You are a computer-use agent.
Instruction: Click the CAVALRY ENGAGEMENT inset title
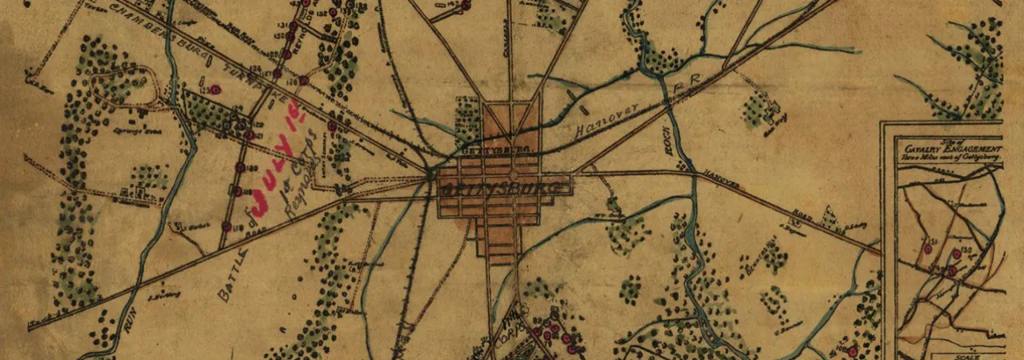[x=949, y=150]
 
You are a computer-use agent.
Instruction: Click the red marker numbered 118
[x=226, y=226]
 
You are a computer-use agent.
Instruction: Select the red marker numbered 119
[x=237, y=191]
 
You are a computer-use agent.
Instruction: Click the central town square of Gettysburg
[x=512, y=174]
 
